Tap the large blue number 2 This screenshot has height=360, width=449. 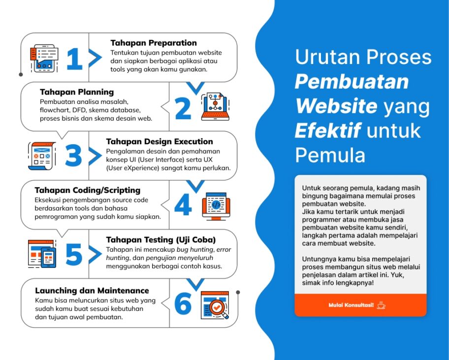pyautogui.click(x=183, y=108)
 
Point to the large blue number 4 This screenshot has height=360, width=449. pyautogui.click(x=183, y=205)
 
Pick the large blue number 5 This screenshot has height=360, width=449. pyautogui.click(x=73, y=255)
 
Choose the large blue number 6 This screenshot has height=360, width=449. pyautogui.click(x=183, y=304)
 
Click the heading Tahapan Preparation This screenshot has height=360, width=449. pyautogui.click(x=153, y=43)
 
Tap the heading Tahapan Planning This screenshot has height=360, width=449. pyautogui.click(x=76, y=92)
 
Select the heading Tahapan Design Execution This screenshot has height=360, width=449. pyautogui.click(x=160, y=141)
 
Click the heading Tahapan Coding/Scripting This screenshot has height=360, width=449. pyautogui.click(x=87, y=190)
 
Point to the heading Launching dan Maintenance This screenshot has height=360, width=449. pyautogui.click(x=92, y=290)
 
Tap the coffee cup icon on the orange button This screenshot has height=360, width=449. pyautogui.click(x=381, y=305)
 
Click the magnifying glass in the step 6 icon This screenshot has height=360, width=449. pyautogui.click(x=217, y=308)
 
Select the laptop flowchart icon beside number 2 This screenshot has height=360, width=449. pyautogui.click(x=215, y=106)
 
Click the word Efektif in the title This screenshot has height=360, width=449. pyautogui.click(x=327, y=131)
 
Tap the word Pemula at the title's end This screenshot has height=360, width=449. pyautogui.click(x=330, y=155)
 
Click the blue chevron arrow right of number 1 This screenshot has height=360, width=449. pyautogui.click(x=95, y=59)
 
